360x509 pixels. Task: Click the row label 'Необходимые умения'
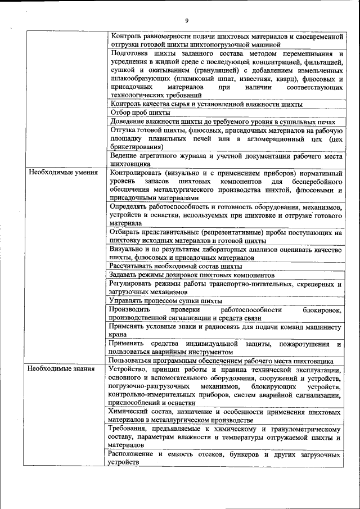click(x=63, y=173)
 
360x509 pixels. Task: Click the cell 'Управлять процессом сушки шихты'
click(x=166, y=301)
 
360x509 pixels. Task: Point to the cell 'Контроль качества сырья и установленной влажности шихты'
click(x=206, y=104)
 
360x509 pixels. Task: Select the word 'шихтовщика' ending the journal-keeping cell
click(x=131, y=164)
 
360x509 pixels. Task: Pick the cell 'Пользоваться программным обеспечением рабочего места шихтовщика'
click(x=222, y=361)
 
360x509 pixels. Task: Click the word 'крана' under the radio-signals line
click(x=118, y=334)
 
